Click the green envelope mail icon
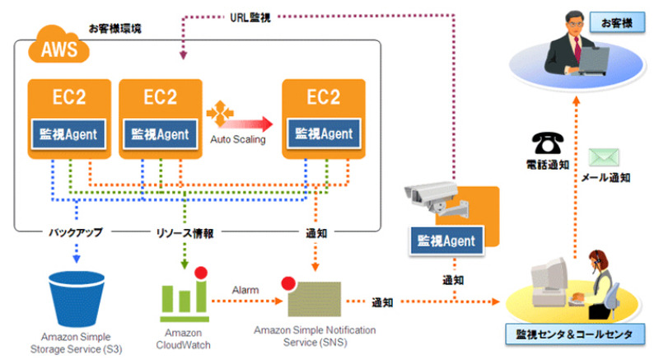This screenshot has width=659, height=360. (604, 156)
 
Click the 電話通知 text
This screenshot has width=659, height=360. (544, 164)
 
